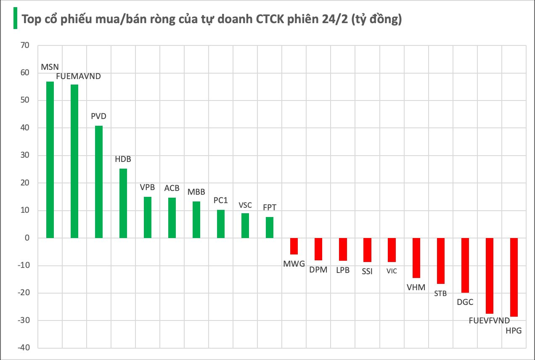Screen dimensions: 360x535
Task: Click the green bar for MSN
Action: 50,160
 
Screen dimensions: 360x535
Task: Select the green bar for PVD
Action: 99,182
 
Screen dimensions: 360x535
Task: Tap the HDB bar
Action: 123,203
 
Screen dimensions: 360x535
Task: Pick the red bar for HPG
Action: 514,277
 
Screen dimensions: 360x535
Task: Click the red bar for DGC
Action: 465,265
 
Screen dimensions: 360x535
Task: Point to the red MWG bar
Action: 294,246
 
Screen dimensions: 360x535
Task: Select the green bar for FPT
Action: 270,228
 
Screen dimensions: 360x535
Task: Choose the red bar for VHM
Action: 416,258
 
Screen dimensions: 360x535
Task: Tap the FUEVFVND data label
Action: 489,321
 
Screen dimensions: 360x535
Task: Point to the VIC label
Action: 392,271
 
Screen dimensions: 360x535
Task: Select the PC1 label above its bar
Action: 220,201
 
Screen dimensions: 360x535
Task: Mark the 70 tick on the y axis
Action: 24,45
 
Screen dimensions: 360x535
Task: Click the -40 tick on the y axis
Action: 22,348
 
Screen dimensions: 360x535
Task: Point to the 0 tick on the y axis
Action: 26,238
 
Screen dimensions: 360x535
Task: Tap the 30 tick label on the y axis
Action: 24,156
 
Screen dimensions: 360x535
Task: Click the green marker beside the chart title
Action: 15,19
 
